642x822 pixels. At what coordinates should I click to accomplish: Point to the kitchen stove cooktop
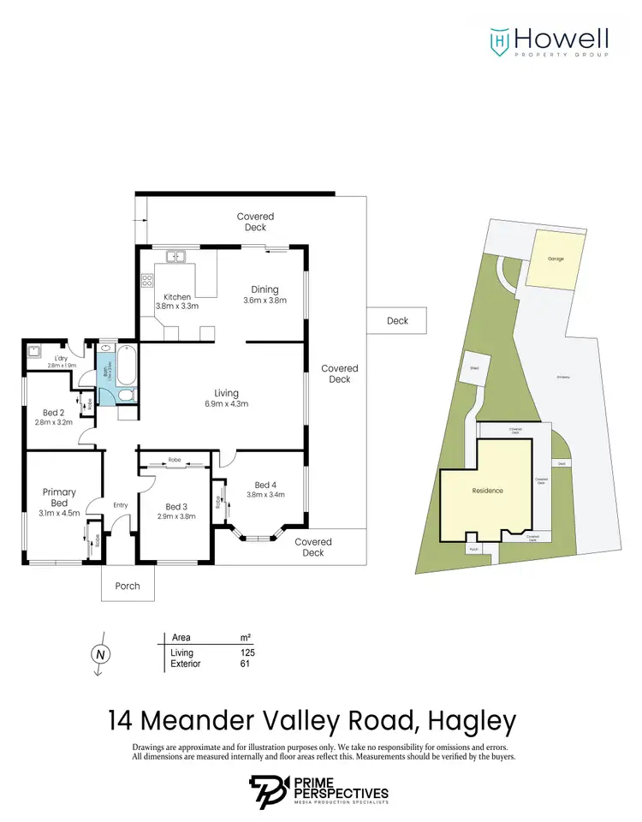[x=146, y=280]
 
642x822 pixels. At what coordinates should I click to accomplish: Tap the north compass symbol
[x=100, y=653]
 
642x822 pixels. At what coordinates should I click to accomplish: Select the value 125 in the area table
[x=247, y=652]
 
